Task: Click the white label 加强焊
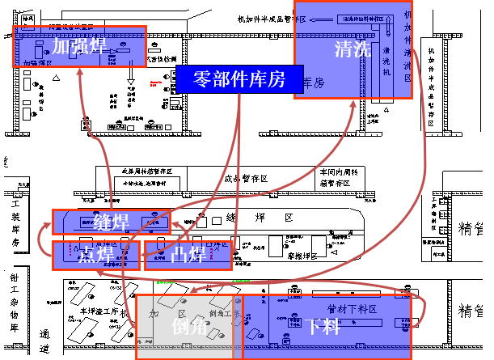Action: tap(78, 46)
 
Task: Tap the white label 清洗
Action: tap(353, 49)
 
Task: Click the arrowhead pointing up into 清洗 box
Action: tap(353, 103)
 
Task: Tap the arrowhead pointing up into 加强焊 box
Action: tap(81, 72)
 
